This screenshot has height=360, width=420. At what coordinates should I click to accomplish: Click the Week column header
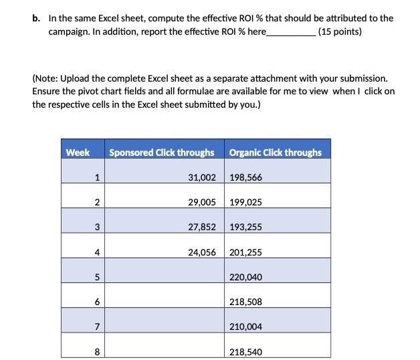coord(78,153)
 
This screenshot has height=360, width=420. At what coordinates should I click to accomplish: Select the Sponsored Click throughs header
coord(161,153)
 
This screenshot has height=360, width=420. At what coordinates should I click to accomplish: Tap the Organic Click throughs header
coord(275,153)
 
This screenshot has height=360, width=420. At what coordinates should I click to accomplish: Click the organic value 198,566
coord(245,178)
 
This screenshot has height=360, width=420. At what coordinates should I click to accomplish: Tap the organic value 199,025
coord(245,203)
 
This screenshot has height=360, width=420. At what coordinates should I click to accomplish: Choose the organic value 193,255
coord(245,228)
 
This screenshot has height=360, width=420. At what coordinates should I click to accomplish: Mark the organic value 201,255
coord(245,252)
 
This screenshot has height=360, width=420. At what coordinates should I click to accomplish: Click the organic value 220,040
coord(245,277)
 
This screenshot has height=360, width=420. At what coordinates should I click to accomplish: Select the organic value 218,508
coord(245,302)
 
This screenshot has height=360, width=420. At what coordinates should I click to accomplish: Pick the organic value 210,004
coord(245,327)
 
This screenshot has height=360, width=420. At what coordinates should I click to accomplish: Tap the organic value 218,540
coord(245,351)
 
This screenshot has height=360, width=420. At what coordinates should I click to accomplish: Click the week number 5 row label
coord(97,277)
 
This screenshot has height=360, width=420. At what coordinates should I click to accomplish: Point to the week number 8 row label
coord(97,351)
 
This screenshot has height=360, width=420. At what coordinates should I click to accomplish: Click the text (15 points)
coord(340,31)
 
